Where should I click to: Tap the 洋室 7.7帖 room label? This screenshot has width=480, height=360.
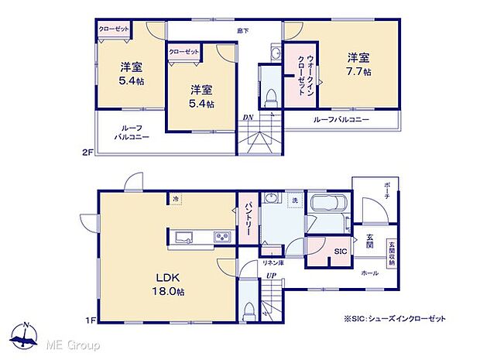point(358,64)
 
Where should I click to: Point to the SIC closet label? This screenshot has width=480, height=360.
point(340,252)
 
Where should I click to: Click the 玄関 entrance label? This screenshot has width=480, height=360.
point(370,241)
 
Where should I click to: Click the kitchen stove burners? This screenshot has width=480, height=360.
point(222,237)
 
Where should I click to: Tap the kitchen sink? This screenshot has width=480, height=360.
point(185,237)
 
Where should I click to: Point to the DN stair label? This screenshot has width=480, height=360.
point(248,118)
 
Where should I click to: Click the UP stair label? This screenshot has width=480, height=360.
point(271,275)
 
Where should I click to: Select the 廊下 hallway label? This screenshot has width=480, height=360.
point(242,31)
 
